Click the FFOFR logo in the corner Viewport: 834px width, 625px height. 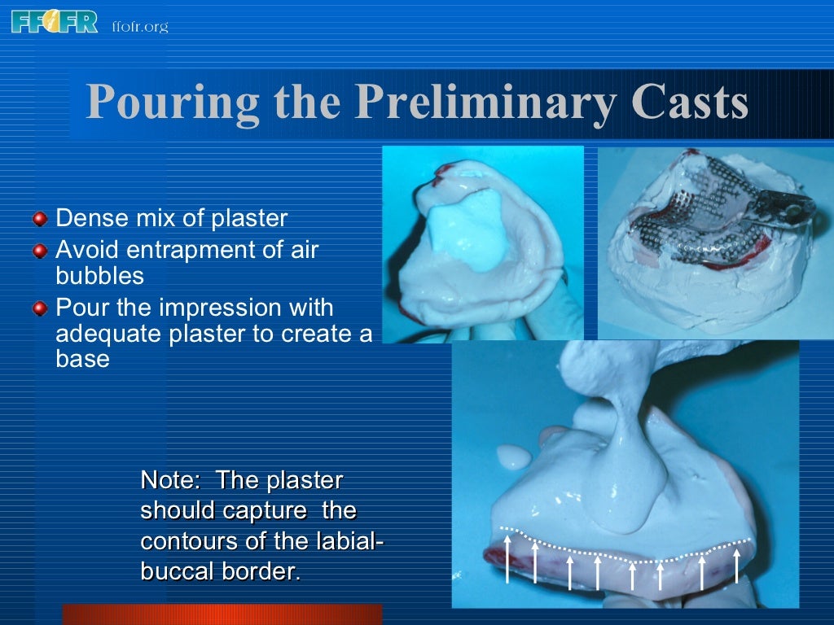tap(54, 22)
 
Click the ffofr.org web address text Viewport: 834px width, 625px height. tap(139, 27)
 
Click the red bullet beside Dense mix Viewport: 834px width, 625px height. tap(41, 219)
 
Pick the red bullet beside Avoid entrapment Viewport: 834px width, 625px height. tap(41, 250)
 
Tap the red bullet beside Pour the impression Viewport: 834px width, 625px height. tap(41, 308)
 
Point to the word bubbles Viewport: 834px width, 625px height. tap(99, 275)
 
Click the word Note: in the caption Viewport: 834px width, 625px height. tap(170, 479)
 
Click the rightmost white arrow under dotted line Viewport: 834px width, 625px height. tap(737, 564)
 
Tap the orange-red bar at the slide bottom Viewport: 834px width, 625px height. tap(222, 614)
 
